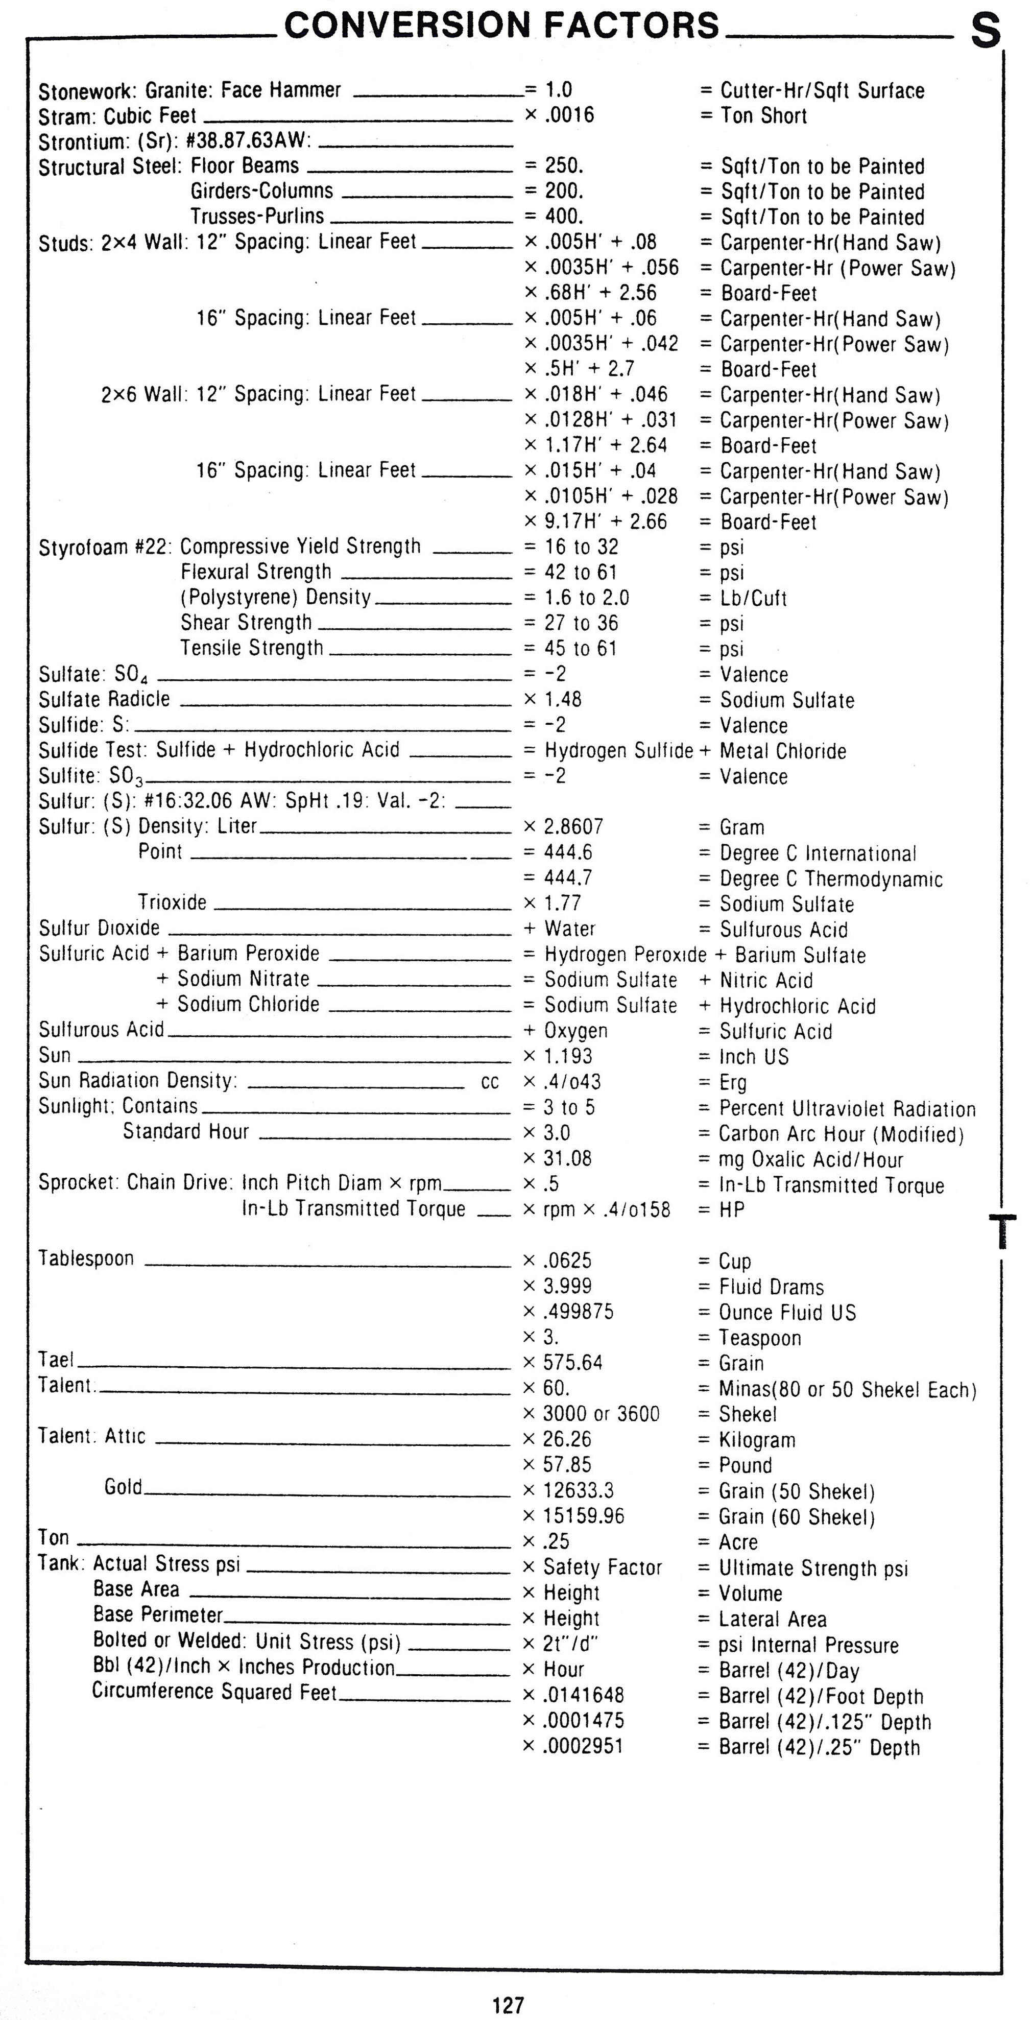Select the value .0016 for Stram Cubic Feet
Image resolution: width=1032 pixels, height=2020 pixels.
pos(569,115)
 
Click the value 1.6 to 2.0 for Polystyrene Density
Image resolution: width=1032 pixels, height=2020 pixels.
pos(587,598)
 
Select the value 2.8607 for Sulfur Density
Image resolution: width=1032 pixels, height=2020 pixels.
pos(573,826)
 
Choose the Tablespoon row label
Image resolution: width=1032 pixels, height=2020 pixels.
pos(86,1258)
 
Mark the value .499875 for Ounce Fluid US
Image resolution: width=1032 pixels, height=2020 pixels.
pos(578,1311)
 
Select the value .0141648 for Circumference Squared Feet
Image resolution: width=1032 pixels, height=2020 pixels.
pos(584,1695)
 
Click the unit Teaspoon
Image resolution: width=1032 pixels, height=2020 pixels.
pos(760,1337)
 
